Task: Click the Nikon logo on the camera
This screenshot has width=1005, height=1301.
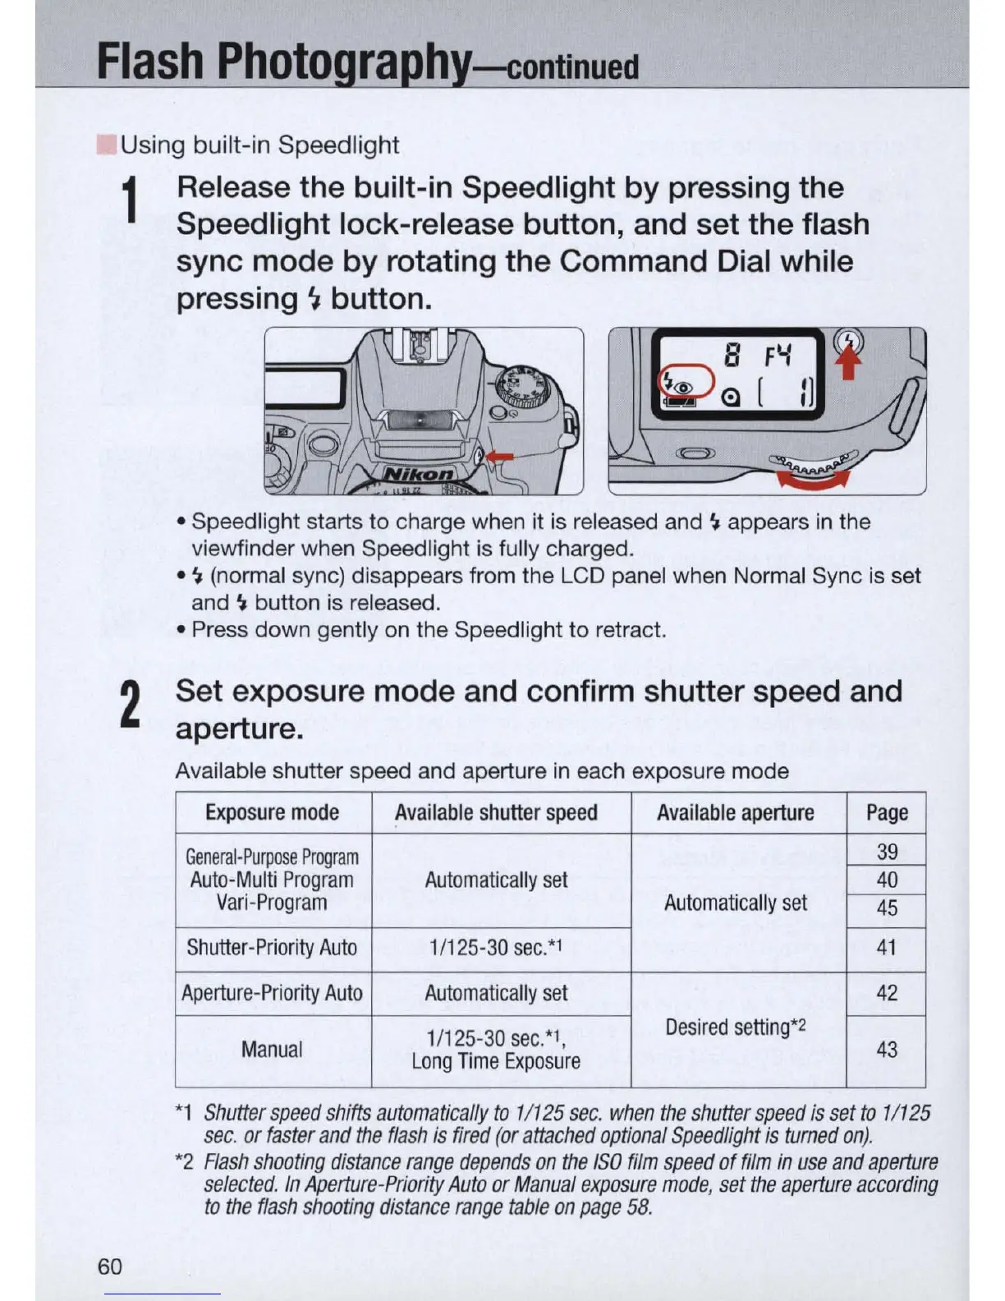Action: pos(420,475)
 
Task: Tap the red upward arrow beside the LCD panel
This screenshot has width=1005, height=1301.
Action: pos(850,365)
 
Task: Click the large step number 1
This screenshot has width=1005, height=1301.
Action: pos(128,202)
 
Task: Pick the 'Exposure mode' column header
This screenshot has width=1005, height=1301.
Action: pos(272,812)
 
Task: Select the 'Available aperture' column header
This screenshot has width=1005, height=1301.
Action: pos(736,812)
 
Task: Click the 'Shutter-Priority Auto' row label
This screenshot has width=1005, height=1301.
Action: pos(272,948)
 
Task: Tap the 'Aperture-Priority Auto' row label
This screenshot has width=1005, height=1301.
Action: pos(272,993)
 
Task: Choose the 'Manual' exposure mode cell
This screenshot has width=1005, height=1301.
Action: pos(272,1050)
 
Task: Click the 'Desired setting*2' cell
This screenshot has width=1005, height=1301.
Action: pos(736,1027)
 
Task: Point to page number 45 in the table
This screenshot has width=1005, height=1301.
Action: pos(887,908)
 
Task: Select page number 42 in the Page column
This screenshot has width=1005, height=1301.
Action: pos(887,993)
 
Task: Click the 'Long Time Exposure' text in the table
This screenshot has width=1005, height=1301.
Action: pos(496,1061)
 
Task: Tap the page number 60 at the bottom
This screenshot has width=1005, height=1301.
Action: pos(109,1266)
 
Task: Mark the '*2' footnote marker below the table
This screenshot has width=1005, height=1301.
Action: pos(184,1162)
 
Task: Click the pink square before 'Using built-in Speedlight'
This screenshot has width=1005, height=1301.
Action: pos(106,145)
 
